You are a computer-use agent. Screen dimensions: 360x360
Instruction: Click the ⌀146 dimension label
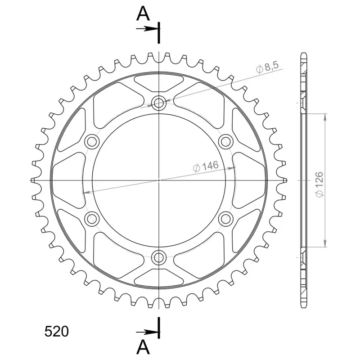(x=206, y=166)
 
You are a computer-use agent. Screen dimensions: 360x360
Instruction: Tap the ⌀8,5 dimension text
(x=267, y=67)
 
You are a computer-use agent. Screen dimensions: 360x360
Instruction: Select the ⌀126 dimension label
(x=319, y=184)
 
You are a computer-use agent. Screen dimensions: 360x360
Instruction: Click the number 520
(x=57, y=332)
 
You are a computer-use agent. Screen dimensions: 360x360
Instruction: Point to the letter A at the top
(x=143, y=13)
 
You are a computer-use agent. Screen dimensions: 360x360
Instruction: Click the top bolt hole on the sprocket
(x=159, y=103)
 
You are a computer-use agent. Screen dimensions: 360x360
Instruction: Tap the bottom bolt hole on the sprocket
(x=159, y=257)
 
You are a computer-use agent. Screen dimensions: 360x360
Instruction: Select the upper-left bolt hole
(x=92, y=141)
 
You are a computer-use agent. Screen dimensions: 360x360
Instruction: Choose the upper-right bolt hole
(x=226, y=141)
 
